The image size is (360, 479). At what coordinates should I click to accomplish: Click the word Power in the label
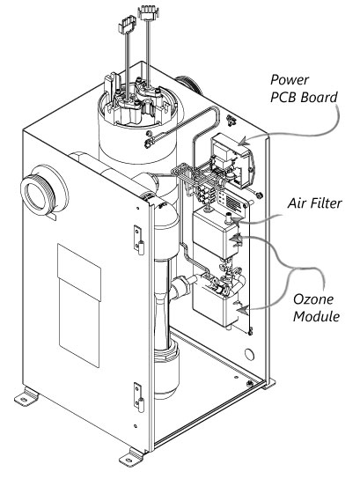[x=290, y=80]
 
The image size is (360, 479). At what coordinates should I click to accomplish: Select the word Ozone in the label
[x=313, y=299]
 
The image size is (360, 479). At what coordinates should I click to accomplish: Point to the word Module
[x=316, y=316]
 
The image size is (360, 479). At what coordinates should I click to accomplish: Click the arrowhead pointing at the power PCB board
[x=244, y=142]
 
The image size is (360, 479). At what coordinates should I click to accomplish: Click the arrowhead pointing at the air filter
[x=236, y=220]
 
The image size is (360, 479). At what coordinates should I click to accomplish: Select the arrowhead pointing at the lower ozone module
[x=243, y=310]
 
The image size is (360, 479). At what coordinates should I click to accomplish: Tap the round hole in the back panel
[x=249, y=354]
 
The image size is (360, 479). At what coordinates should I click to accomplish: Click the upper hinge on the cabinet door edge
[x=138, y=239]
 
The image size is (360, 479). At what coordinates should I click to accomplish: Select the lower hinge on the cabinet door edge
[x=139, y=397]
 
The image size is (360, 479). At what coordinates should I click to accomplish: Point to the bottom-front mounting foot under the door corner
[x=131, y=457]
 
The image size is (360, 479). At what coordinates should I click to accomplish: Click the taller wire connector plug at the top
[x=149, y=13]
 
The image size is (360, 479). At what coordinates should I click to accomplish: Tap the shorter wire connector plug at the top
[x=127, y=24]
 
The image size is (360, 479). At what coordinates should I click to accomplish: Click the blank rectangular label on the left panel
[x=79, y=305]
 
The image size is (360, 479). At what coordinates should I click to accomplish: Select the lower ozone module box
[x=216, y=307]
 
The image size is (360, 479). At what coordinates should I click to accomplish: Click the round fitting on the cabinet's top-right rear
[x=189, y=84]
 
